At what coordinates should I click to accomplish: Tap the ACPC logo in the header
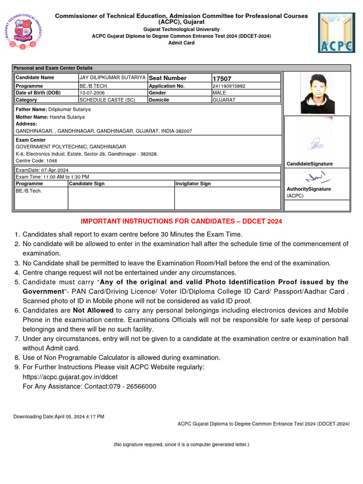coord(337,32)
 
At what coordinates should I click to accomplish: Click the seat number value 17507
coord(222,78)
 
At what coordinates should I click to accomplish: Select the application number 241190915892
coord(229,86)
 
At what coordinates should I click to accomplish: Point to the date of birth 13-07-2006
coord(92,93)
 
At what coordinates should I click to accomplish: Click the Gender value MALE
coord(219,93)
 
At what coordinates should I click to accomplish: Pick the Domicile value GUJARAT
coord(224,100)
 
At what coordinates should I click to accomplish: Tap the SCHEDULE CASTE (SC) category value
coord(107,100)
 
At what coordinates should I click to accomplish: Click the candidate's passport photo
coord(317,93)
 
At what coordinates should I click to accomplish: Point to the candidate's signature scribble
coord(316,144)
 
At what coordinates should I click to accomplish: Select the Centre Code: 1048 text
coord(36,161)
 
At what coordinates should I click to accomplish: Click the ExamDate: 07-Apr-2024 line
coord(42,170)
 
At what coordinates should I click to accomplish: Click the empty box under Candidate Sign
coord(121,198)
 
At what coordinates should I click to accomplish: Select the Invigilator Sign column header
coord(193,183)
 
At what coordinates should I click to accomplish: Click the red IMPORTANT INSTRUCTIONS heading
coord(181,221)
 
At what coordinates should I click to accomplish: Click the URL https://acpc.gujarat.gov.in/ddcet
coord(70,377)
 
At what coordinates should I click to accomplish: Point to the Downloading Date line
coord(59,416)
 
